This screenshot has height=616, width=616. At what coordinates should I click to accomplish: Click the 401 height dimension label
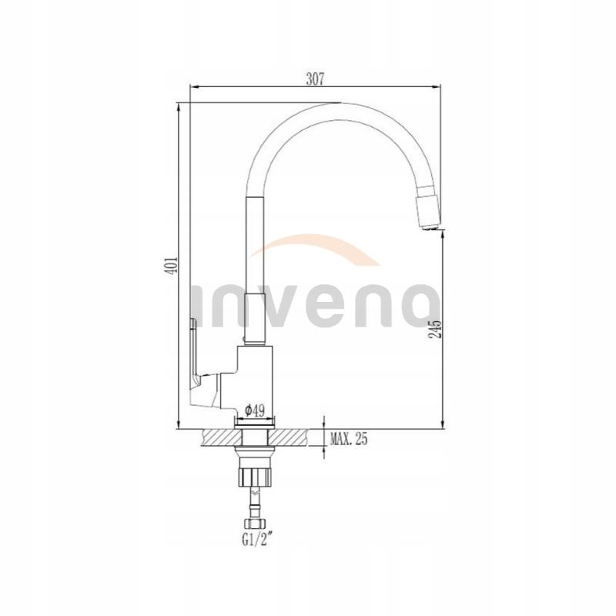coord(174,266)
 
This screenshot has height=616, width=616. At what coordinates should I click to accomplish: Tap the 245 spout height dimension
coord(436,330)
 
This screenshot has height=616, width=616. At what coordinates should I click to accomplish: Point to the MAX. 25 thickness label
coord(349,440)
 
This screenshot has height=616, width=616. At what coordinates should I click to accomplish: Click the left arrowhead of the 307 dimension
coord(194,87)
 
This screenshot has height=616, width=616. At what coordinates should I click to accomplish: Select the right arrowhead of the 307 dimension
coord(437,87)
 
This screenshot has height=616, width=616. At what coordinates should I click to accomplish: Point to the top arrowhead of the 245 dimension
coord(442,236)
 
